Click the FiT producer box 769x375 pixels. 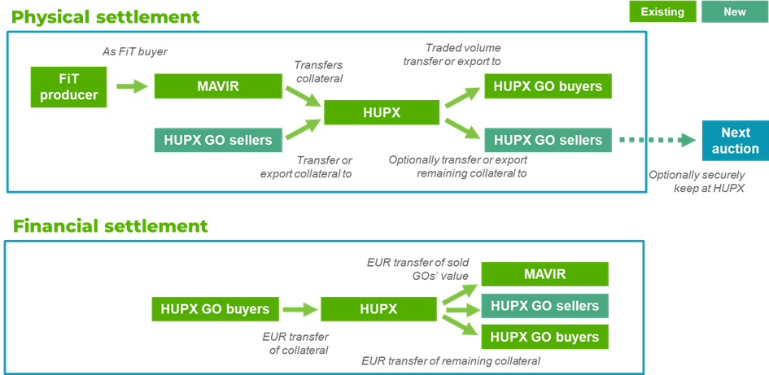[x=68, y=87]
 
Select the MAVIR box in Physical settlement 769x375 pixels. [x=219, y=86]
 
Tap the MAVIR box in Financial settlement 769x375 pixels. [x=545, y=274]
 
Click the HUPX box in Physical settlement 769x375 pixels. [x=382, y=112]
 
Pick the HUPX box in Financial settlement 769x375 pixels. [x=378, y=309]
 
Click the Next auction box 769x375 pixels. [x=736, y=140]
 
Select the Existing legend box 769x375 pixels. [x=662, y=11]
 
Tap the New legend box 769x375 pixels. [x=735, y=11]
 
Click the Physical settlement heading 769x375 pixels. [x=106, y=17]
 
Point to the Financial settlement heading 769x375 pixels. [x=111, y=226]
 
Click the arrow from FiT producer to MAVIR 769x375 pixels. [x=132, y=87]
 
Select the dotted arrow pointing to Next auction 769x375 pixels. [x=658, y=140]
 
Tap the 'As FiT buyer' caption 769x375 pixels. [x=135, y=51]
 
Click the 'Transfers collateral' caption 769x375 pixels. [x=318, y=72]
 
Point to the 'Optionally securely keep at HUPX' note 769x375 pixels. [x=697, y=181]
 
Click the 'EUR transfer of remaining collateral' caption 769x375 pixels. [x=451, y=361]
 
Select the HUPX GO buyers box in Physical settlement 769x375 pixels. [x=548, y=86]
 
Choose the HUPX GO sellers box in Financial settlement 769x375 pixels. [x=545, y=306]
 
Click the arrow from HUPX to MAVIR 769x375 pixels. [x=460, y=294]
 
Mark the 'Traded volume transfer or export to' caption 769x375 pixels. [x=463, y=55]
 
